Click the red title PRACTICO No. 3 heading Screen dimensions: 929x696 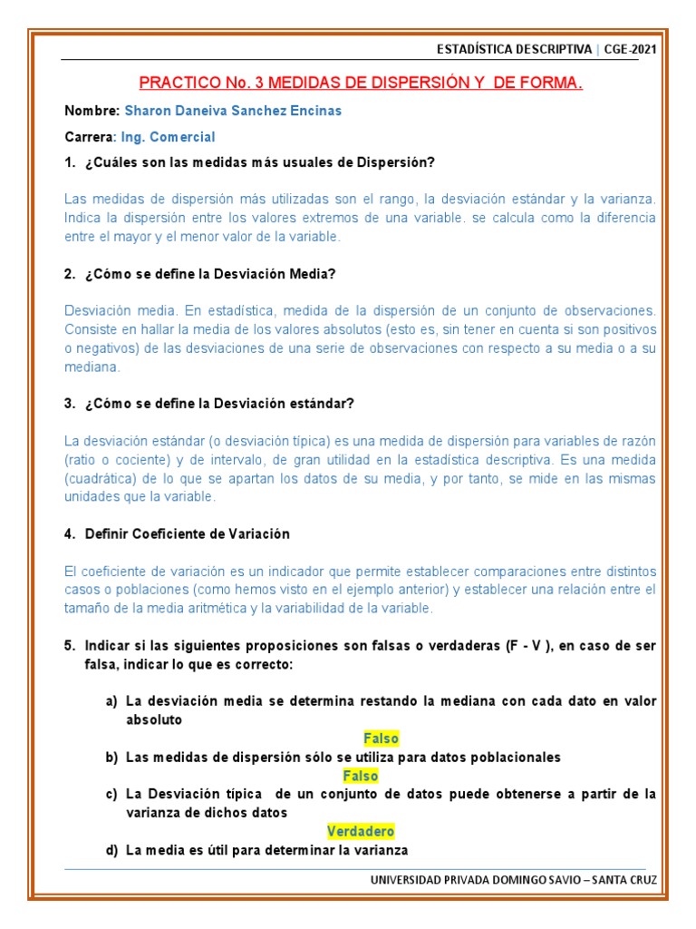(x=361, y=83)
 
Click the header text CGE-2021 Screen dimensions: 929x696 (x=632, y=48)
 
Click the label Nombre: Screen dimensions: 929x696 (x=92, y=111)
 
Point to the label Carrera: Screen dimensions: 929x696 (x=91, y=137)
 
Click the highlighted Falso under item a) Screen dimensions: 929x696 (x=381, y=738)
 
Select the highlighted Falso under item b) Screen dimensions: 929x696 (x=361, y=776)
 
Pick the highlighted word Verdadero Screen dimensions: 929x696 (x=361, y=831)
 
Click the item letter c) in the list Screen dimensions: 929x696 (x=111, y=794)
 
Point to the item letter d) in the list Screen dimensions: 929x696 (x=111, y=850)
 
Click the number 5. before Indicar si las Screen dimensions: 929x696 (x=70, y=646)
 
